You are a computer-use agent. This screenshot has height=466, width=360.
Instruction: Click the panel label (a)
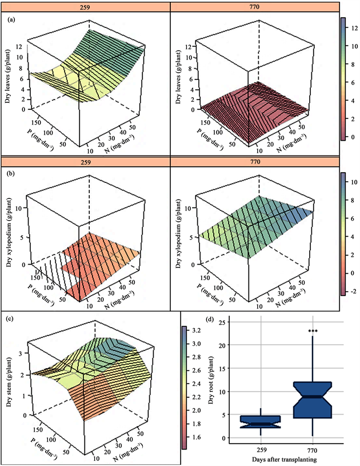pos(11,19)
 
